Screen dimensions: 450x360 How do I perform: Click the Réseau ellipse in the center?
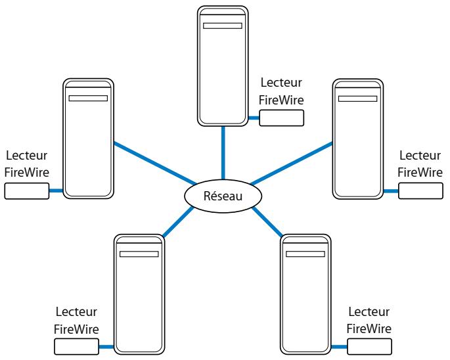click(x=223, y=196)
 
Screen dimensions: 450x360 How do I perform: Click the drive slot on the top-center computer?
click(x=223, y=26)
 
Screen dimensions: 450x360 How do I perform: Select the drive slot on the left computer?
click(x=88, y=98)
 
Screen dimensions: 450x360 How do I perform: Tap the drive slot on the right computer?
click(x=357, y=99)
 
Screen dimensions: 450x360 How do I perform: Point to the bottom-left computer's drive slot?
click(x=139, y=254)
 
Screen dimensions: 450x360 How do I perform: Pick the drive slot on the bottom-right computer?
click(x=305, y=254)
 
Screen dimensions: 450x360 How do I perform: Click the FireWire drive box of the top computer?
click(x=282, y=118)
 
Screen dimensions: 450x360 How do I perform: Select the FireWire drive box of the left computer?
click(x=27, y=191)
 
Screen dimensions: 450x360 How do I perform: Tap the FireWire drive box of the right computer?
click(x=420, y=191)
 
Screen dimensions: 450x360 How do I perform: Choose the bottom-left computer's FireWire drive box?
click(x=76, y=346)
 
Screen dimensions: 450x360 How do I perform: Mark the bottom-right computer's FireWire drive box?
click(x=370, y=346)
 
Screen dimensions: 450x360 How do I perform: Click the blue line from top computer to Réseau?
click(x=223, y=153)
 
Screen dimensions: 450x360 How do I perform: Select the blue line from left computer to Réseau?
click(x=155, y=164)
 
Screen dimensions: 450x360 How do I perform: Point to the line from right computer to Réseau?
click(x=292, y=164)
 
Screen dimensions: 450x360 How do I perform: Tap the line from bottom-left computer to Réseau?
click(x=178, y=222)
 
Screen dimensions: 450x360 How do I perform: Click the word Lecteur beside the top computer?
click(x=281, y=83)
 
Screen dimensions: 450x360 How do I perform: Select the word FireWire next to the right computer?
click(x=420, y=173)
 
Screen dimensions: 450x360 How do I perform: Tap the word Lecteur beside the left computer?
click(x=27, y=156)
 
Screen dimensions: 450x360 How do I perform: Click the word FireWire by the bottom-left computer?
click(x=76, y=329)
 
